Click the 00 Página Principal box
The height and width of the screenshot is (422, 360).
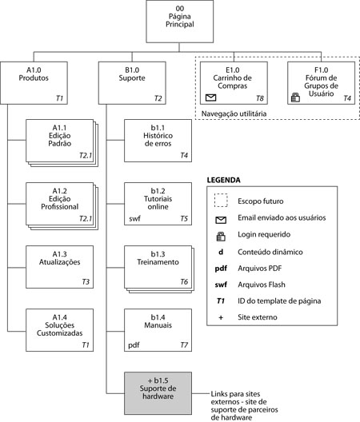pyautogui.click(x=180, y=22)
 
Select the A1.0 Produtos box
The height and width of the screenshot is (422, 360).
pyautogui.click(x=34, y=83)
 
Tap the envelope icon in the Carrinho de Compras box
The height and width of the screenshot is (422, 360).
pyautogui.click(x=210, y=98)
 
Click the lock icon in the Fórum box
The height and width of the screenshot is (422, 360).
pyautogui.click(x=295, y=98)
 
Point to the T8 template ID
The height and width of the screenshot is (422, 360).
pyautogui.click(x=260, y=98)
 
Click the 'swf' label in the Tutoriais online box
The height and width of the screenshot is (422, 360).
pyautogui.click(x=134, y=218)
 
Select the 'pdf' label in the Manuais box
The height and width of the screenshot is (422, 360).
pyautogui.click(x=134, y=345)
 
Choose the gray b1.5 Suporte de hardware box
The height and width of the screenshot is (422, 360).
pyautogui.click(x=158, y=393)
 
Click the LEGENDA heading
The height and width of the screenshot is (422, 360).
pyautogui.click(x=224, y=180)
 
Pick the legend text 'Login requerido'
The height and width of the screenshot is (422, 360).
pyautogui.click(x=264, y=234)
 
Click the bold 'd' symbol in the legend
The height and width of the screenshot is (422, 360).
pyautogui.click(x=221, y=252)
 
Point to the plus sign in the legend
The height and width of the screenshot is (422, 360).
pyautogui.click(x=221, y=317)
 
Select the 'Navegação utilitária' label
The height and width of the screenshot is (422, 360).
pyautogui.click(x=234, y=113)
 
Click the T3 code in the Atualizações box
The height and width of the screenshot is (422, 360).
pyautogui.click(x=86, y=282)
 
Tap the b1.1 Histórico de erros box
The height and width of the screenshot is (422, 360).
pyautogui.click(x=158, y=141)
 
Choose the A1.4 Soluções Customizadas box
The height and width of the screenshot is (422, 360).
pyautogui.click(x=59, y=330)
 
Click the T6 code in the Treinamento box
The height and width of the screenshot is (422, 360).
pyautogui.click(x=184, y=282)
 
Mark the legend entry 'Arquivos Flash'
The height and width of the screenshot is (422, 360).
pyautogui.click(x=262, y=285)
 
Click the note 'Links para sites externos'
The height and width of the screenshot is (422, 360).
pyautogui.click(x=235, y=398)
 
